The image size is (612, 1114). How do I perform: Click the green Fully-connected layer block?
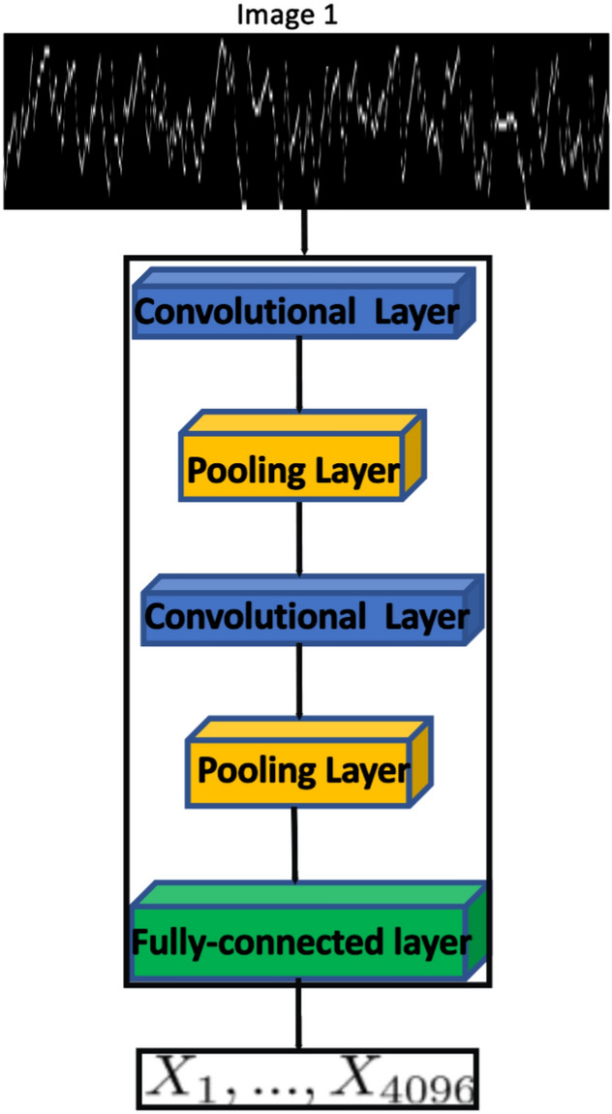click(302, 940)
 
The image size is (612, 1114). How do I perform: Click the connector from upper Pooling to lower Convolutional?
click(299, 539)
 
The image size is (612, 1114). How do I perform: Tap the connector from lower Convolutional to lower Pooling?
click(299, 684)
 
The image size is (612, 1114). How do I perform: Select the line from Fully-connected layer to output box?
click(298, 1017)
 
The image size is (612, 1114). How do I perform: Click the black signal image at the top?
click(306, 121)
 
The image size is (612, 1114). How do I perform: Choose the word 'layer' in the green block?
click(426, 941)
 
